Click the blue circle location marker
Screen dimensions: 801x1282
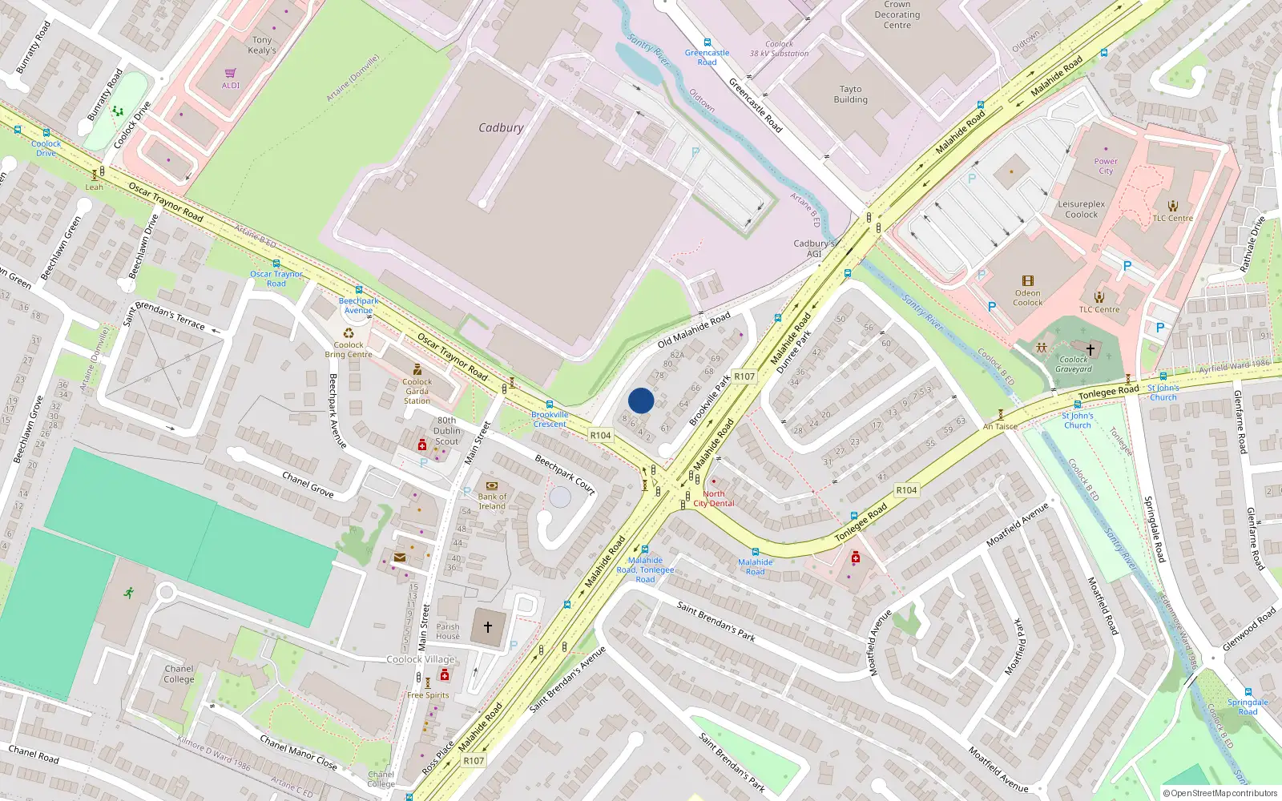[x=641, y=400]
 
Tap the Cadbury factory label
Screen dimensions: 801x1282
[x=501, y=128]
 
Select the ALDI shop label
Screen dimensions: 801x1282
[x=231, y=85]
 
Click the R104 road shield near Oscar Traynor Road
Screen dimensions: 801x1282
[x=600, y=435]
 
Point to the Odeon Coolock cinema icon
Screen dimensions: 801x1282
[x=1028, y=281]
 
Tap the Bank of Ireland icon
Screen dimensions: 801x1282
[x=492, y=485]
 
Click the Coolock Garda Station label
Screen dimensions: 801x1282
[x=417, y=391]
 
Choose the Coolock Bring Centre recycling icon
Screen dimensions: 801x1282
[x=349, y=333]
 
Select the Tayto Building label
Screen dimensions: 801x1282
[x=850, y=95]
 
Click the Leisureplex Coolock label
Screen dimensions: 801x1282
[x=1081, y=209]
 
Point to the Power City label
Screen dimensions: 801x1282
[x=1106, y=166]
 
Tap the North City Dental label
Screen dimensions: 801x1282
[x=713, y=498]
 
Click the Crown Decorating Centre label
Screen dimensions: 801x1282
[x=897, y=14]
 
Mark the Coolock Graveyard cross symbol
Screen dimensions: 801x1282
[x=1090, y=349]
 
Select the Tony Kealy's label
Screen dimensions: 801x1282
[x=262, y=45]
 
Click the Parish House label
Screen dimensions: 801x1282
[x=448, y=632]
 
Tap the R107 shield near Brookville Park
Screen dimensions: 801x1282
[x=744, y=376]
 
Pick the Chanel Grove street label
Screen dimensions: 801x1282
[x=308, y=484]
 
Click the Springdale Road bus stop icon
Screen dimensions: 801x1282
[x=1248, y=691]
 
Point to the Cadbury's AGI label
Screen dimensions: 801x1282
[x=813, y=248]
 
